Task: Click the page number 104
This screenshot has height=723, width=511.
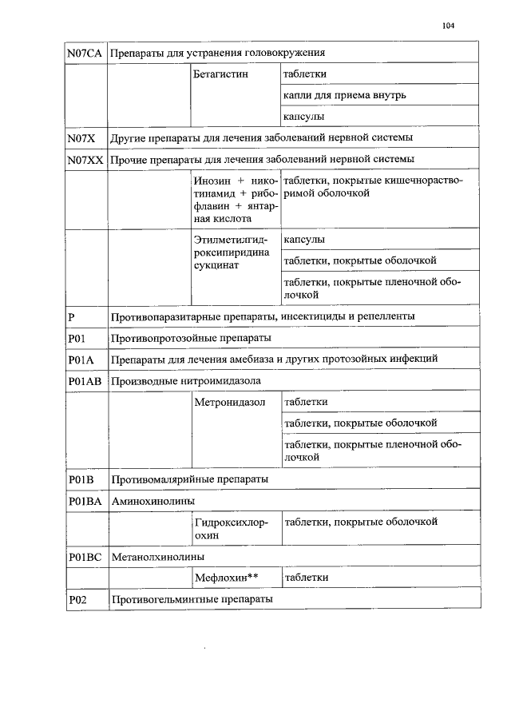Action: click(x=447, y=26)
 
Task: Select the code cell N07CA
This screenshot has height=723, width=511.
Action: click(x=85, y=54)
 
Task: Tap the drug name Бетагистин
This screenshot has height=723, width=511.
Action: click(x=220, y=74)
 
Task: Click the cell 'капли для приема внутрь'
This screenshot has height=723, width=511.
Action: click(x=344, y=96)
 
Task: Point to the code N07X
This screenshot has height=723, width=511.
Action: click(x=81, y=138)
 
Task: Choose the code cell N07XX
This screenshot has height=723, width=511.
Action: click(x=85, y=160)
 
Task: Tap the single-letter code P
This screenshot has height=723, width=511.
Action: click(x=72, y=316)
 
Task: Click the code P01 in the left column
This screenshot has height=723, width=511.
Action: click(x=77, y=338)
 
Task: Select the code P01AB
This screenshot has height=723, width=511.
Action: click(x=85, y=380)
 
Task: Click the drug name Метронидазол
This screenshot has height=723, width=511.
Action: click(x=229, y=401)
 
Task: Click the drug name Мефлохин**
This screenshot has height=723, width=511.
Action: click(x=228, y=577)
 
